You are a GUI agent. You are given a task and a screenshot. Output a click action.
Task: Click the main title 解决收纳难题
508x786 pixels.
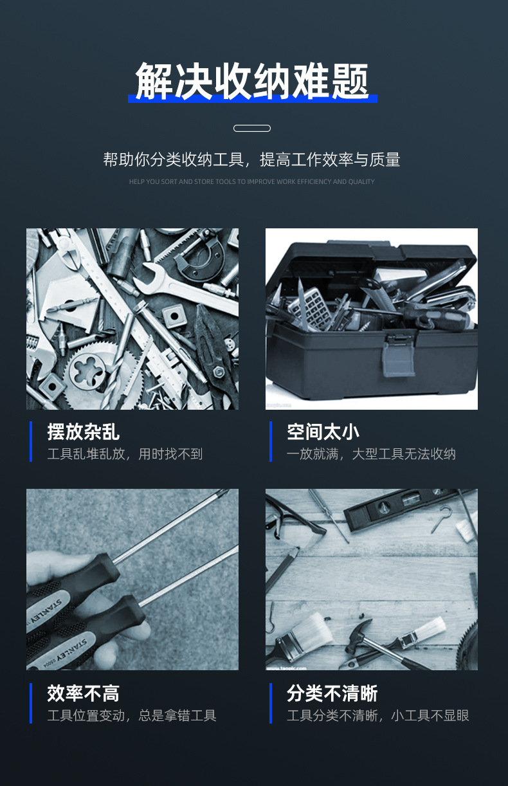coord(252,82)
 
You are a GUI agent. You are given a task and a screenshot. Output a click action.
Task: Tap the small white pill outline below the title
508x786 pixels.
coord(252,128)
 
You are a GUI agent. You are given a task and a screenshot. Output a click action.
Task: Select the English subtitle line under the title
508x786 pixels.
coord(252,182)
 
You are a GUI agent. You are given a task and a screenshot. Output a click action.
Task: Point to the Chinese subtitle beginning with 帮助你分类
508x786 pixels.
coord(252,160)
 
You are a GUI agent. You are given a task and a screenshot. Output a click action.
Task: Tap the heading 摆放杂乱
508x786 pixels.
coord(84,432)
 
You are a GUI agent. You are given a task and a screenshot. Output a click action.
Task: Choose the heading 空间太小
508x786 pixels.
coord(323,432)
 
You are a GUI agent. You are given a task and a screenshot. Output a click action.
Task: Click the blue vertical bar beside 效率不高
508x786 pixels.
coord(30,703)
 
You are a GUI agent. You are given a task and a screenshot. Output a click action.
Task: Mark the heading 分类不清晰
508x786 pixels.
coord(332,693)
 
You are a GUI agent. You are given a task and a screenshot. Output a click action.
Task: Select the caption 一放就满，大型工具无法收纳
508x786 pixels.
coord(371,454)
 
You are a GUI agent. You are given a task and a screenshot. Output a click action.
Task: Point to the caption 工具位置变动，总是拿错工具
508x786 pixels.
coord(132,715)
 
